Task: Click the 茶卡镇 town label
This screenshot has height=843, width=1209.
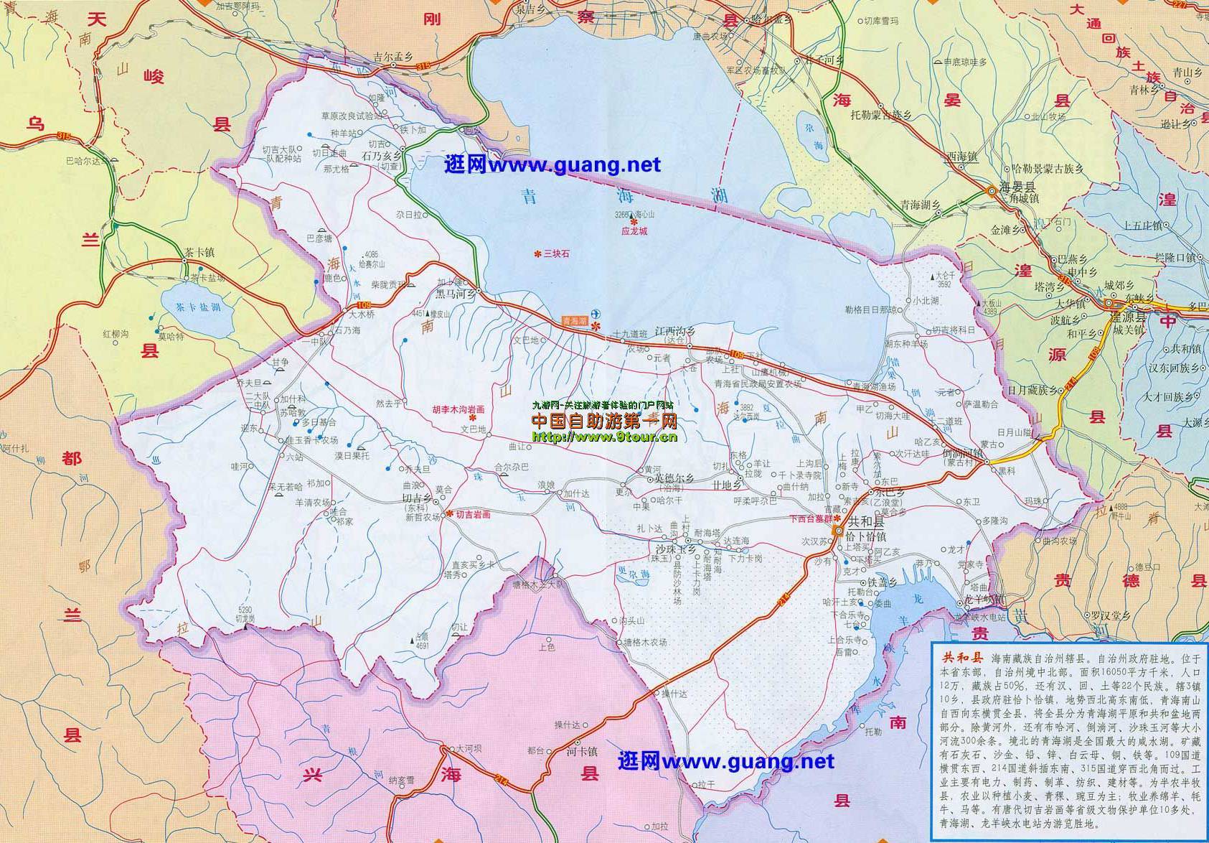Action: click(199, 253)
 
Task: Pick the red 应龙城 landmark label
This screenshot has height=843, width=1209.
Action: click(634, 232)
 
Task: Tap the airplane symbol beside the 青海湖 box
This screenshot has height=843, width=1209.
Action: click(598, 315)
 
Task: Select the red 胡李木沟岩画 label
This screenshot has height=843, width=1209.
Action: click(458, 409)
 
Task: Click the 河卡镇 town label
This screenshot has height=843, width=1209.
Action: click(581, 752)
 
